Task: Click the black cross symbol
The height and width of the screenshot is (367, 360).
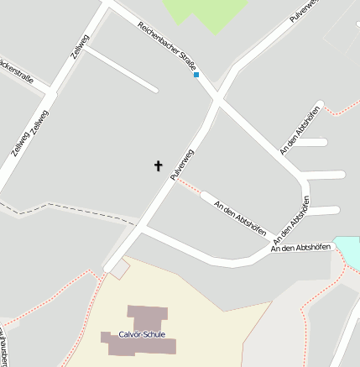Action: (x=158, y=165)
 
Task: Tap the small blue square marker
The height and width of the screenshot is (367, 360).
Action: (x=196, y=75)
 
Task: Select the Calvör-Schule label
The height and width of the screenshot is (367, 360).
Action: (x=142, y=334)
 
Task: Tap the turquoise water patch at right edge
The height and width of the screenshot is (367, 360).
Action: (x=348, y=249)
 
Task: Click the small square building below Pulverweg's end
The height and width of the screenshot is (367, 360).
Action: (x=120, y=269)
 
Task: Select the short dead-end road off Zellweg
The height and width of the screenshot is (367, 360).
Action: (x=121, y=68)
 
